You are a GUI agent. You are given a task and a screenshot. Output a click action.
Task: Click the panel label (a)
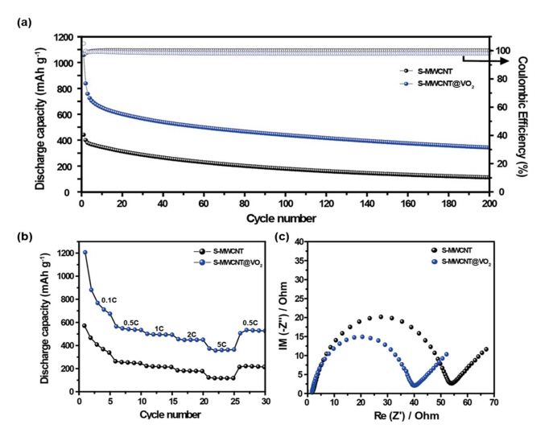point(23,23)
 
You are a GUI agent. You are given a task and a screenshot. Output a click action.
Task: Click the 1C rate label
point(159,328)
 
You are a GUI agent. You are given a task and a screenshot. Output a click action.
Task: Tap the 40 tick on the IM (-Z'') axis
point(299,241)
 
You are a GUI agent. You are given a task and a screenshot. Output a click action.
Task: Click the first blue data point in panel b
point(85,253)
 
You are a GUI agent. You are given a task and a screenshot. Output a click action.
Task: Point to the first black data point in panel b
point(85,325)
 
